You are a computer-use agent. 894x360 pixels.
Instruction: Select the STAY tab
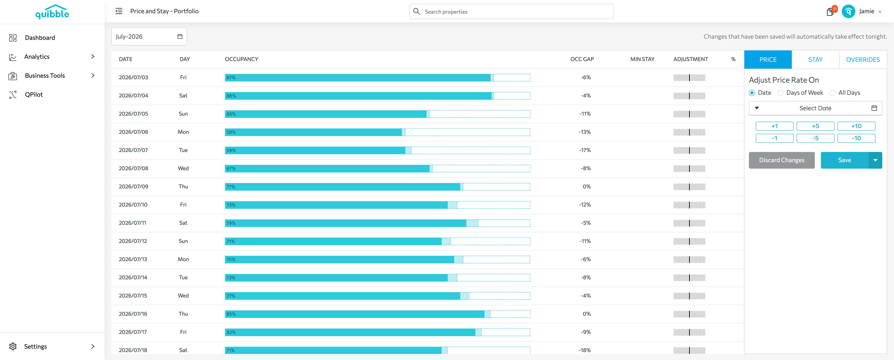pos(815,59)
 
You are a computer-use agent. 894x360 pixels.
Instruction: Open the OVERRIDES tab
pos(863,59)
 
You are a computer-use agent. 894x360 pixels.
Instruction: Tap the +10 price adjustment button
pos(856,126)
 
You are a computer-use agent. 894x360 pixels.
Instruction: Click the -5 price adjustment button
pos(815,138)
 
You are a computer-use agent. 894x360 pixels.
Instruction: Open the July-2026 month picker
pos(149,36)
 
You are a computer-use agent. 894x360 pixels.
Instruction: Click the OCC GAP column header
pos(582,59)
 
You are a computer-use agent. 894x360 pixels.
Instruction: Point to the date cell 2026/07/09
pos(133,186)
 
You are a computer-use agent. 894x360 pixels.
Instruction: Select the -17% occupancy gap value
pos(585,150)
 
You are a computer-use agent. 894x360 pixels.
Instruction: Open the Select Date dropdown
pos(815,108)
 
